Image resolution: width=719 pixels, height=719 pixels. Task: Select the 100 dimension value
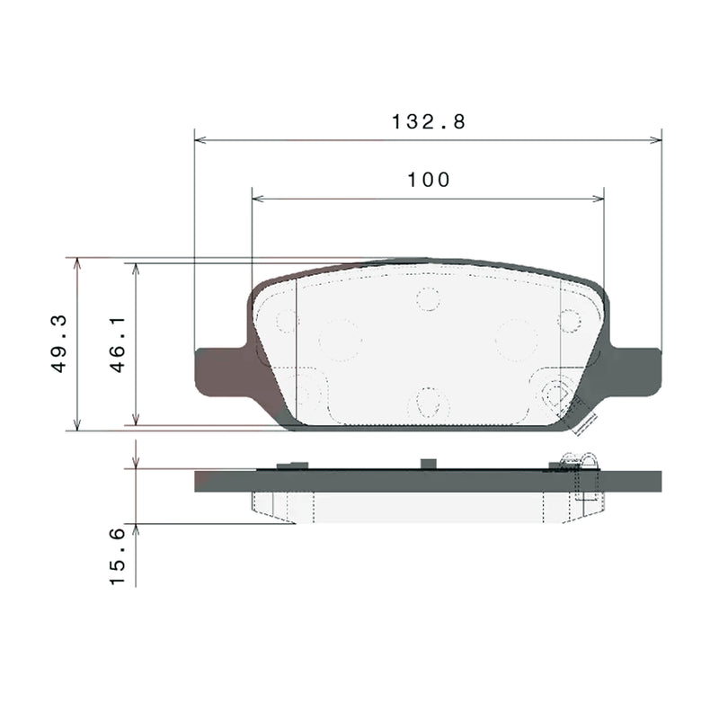(428, 180)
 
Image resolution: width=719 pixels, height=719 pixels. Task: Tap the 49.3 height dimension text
(59, 344)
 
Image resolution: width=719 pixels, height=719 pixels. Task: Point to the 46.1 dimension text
(117, 344)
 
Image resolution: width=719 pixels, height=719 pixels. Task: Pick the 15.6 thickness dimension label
(117, 557)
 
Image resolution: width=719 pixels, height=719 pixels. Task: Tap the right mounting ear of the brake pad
(639, 370)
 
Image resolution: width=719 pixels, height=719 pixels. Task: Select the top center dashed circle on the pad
(428, 298)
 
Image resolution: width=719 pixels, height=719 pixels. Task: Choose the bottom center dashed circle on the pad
(428, 402)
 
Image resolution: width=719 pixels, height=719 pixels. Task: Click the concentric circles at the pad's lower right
(557, 392)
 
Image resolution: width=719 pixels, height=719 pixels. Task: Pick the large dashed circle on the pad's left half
(340, 340)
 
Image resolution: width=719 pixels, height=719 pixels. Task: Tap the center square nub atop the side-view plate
(429, 463)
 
